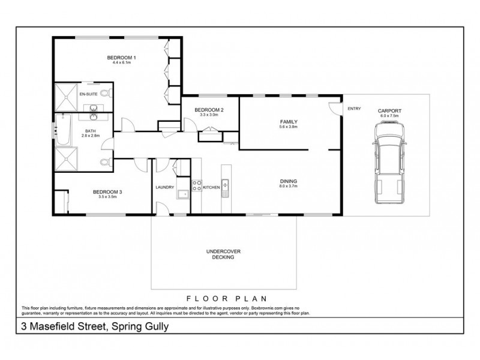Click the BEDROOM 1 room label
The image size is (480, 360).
121,58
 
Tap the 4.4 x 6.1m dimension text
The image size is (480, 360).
121,63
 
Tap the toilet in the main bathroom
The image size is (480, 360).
106,162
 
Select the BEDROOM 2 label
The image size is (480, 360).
209,110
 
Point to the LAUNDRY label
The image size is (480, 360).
164,188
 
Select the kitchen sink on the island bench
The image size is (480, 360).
226,185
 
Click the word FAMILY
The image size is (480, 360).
289,122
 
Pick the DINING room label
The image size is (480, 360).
289,181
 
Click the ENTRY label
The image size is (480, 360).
354,109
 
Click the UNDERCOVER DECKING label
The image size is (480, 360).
223,254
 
